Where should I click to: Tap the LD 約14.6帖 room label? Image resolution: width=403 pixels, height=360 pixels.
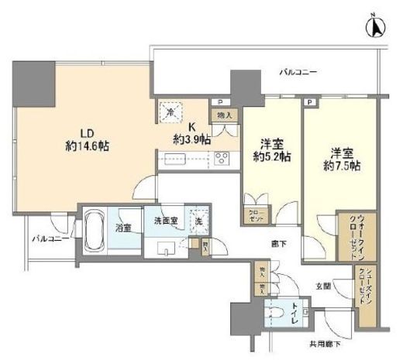[x=87, y=137]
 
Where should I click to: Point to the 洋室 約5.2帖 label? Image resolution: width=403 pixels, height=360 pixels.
[x=273, y=149]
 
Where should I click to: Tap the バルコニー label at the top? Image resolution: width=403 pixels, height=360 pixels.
[x=298, y=73]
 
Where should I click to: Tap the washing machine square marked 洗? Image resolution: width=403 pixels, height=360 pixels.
[x=199, y=220]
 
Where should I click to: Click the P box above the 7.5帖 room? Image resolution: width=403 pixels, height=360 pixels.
[x=309, y=102]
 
